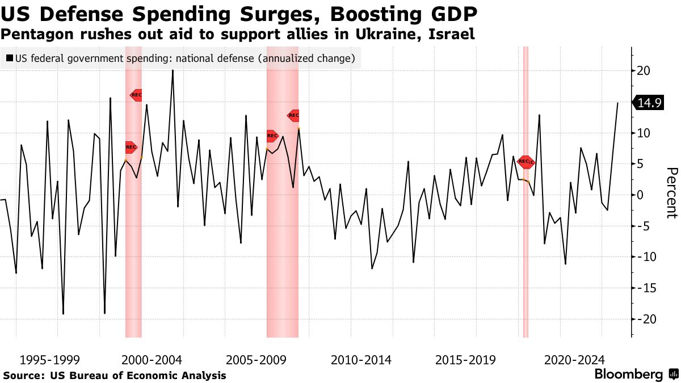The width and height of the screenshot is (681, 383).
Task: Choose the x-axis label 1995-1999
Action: click(49, 360)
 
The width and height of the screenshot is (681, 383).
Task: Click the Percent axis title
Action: click(671, 193)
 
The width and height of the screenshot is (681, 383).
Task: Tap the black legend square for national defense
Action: click(10, 58)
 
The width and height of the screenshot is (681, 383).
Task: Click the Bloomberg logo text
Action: click(628, 374)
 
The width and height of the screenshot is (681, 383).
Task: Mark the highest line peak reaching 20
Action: click(173, 70)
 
